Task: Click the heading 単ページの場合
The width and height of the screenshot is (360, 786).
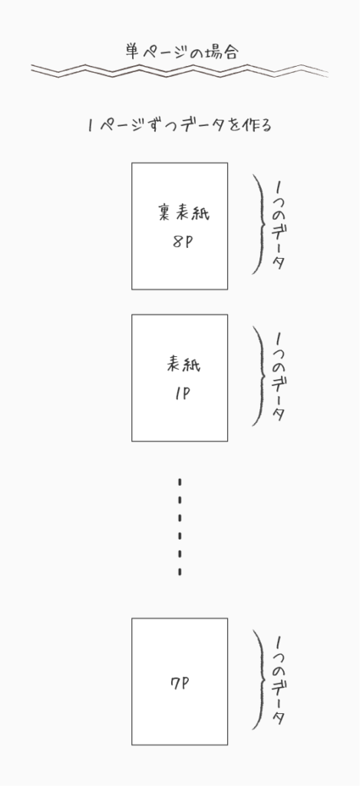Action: point(181,51)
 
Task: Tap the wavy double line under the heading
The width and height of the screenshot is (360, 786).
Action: point(180,71)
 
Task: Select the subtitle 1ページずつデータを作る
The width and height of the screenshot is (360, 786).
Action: point(180,125)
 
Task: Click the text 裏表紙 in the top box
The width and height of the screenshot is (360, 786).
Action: point(183,213)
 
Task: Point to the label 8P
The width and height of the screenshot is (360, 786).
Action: point(183,242)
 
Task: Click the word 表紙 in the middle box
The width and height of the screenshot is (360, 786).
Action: point(183,364)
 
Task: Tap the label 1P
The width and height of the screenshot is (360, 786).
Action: point(183,395)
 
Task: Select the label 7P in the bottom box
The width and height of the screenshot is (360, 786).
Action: point(180,682)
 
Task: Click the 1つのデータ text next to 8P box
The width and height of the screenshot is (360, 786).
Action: point(279,226)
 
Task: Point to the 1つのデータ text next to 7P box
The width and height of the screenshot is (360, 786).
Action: point(279,681)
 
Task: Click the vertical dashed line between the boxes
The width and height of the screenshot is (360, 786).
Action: point(180,527)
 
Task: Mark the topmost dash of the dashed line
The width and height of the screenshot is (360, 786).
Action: point(180,482)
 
